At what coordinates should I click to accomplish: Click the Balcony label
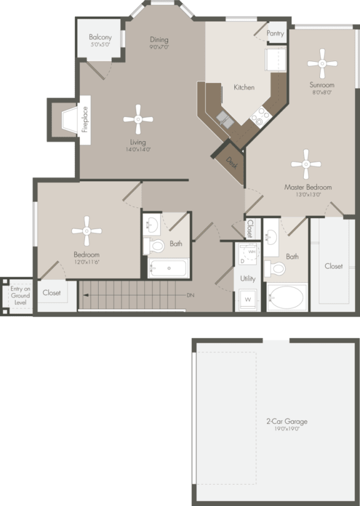[x=100, y=37]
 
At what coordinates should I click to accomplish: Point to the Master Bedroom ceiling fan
[x=306, y=164]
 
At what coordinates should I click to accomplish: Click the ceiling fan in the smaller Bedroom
[x=86, y=231]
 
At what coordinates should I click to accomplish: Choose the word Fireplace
[x=85, y=119]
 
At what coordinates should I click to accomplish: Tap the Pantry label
[x=275, y=34]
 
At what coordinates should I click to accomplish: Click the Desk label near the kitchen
[x=231, y=161]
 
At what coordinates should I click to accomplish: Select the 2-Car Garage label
[x=286, y=422]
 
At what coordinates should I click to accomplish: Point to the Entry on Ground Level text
[x=20, y=295]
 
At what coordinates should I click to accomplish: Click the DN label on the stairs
[x=190, y=295]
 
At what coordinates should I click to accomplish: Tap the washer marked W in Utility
[x=247, y=300]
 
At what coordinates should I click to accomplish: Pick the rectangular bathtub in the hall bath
[x=169, y=269]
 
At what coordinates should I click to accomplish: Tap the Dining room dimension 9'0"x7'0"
[x=159, y=47]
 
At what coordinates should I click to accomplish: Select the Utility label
[x=247, y=278]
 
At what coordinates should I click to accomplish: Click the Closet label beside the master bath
[x=333, y=266]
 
